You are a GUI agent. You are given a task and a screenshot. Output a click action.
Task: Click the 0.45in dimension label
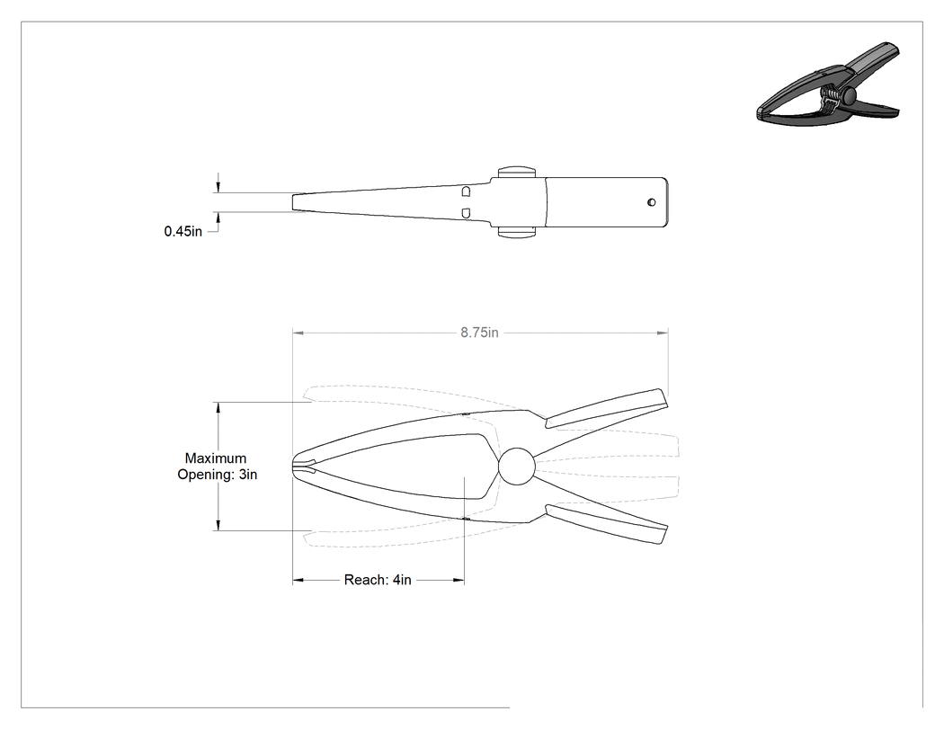click(183, 231)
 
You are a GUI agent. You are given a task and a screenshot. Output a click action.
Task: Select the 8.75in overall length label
click(480, 333)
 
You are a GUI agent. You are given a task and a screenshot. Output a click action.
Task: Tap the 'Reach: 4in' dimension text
click(378, 580)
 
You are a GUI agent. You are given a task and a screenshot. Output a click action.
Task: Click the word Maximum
click(216, 458)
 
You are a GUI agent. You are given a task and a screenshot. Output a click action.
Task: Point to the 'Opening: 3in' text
click(217, 475)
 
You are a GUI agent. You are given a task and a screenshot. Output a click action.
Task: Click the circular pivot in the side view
click(517, 467)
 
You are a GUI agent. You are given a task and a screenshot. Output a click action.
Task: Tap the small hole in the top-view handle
click(652, 202)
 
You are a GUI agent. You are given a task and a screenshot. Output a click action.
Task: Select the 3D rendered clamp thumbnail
click(828, 84)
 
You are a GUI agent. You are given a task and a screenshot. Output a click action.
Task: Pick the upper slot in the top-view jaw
click(466, 191)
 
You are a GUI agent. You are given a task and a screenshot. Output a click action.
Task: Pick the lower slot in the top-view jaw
click(466, 213)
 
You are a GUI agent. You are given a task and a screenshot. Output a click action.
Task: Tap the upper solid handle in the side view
click(606, 409)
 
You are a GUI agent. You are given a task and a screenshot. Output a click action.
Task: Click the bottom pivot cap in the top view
click(517, 233)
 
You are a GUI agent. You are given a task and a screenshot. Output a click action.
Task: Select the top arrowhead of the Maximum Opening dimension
click(218, 407)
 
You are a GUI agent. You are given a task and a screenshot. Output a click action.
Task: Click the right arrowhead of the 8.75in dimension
click(663, 333)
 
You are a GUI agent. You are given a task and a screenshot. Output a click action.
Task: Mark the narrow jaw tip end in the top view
click(293, 202)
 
